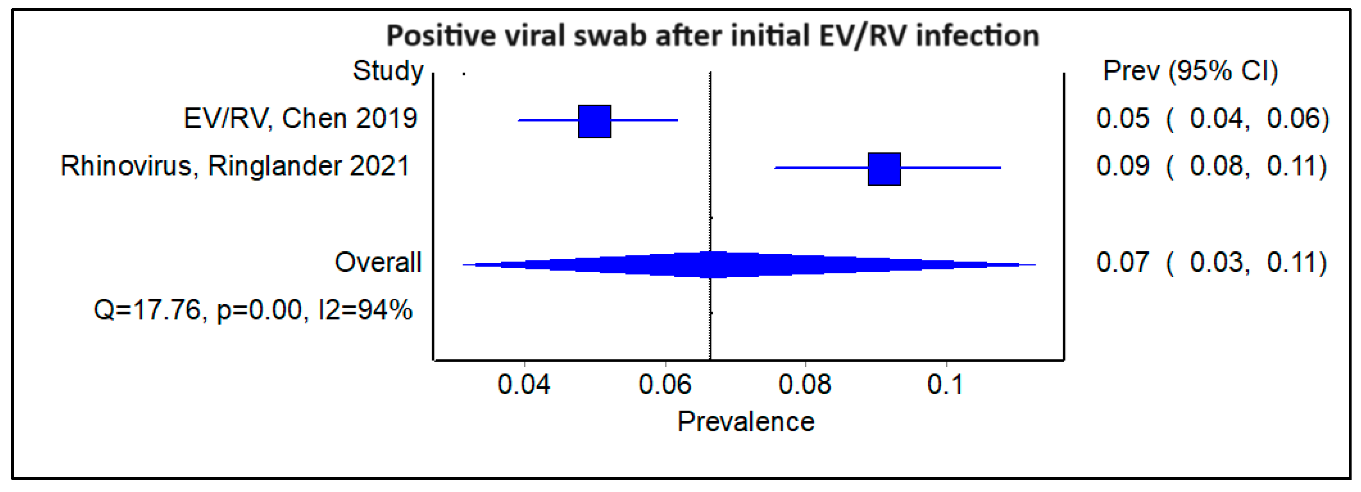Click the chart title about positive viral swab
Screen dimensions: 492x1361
coord(712,36)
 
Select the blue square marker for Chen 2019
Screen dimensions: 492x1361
coord(594,121)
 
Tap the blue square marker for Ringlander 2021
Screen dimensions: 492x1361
coord(884,169)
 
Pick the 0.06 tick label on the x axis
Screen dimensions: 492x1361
coord(664,384)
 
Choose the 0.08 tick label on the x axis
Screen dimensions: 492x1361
coord(804,384)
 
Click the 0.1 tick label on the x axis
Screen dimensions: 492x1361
coord(945,384)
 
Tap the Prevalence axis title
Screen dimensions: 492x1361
coord(745,422)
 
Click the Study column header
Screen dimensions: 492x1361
coord(388,71)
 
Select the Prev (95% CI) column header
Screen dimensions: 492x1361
coord(1190,71)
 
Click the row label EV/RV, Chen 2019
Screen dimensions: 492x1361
coord(300,118)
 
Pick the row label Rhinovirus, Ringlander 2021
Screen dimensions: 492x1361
coord(235,166)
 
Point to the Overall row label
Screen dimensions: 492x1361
coord(378,262)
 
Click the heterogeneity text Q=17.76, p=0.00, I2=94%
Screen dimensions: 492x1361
coord(252,310)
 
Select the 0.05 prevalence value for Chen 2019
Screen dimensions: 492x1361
coord(1122,118)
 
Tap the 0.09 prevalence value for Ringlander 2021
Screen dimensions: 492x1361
coord(1122,166)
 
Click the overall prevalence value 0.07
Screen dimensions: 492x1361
coord(1122,262)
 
